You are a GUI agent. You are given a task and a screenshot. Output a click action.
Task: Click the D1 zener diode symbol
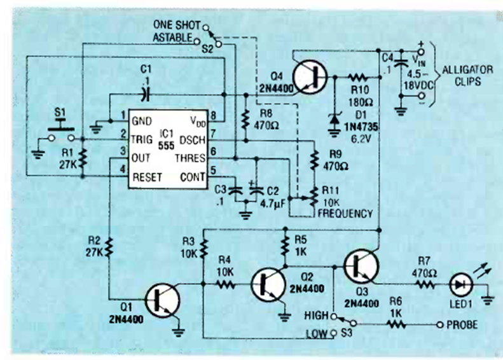click(335, 118)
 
